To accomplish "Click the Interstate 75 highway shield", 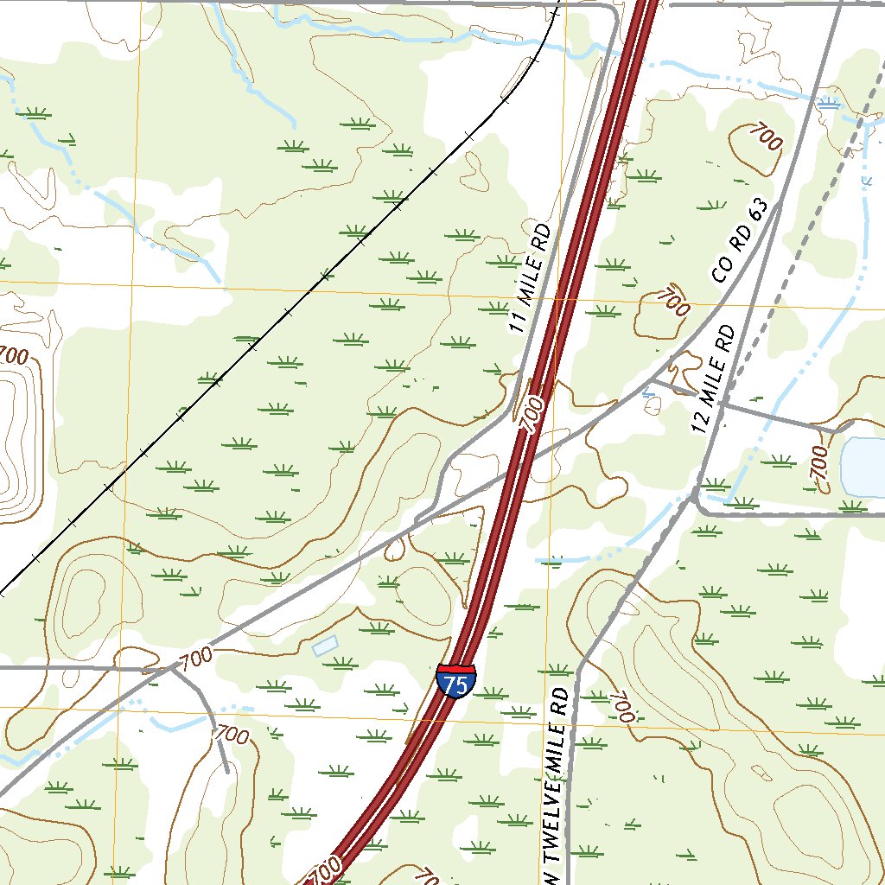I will tap(455, 681).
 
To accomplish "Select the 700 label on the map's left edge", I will tap(12, 355).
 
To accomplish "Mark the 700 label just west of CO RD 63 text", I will tap(673, 301).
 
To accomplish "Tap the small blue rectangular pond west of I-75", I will tap(325, 646).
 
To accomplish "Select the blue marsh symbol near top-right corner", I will tap(828, 104).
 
